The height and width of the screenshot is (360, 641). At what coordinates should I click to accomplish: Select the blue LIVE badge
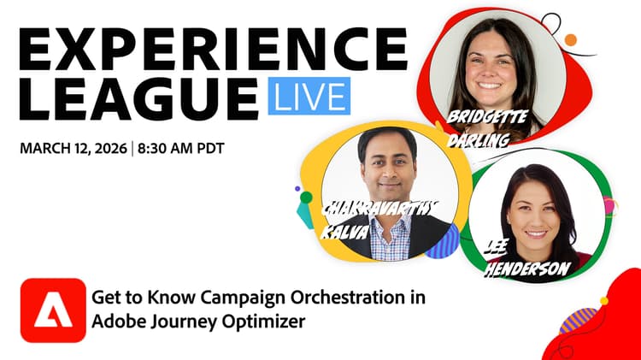(309, 95)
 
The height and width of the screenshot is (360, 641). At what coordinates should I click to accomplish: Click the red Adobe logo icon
(53, 310)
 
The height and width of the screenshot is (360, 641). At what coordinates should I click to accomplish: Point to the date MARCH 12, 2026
(72, 148)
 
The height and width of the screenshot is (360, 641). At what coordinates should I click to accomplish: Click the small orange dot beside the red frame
(570, 39)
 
